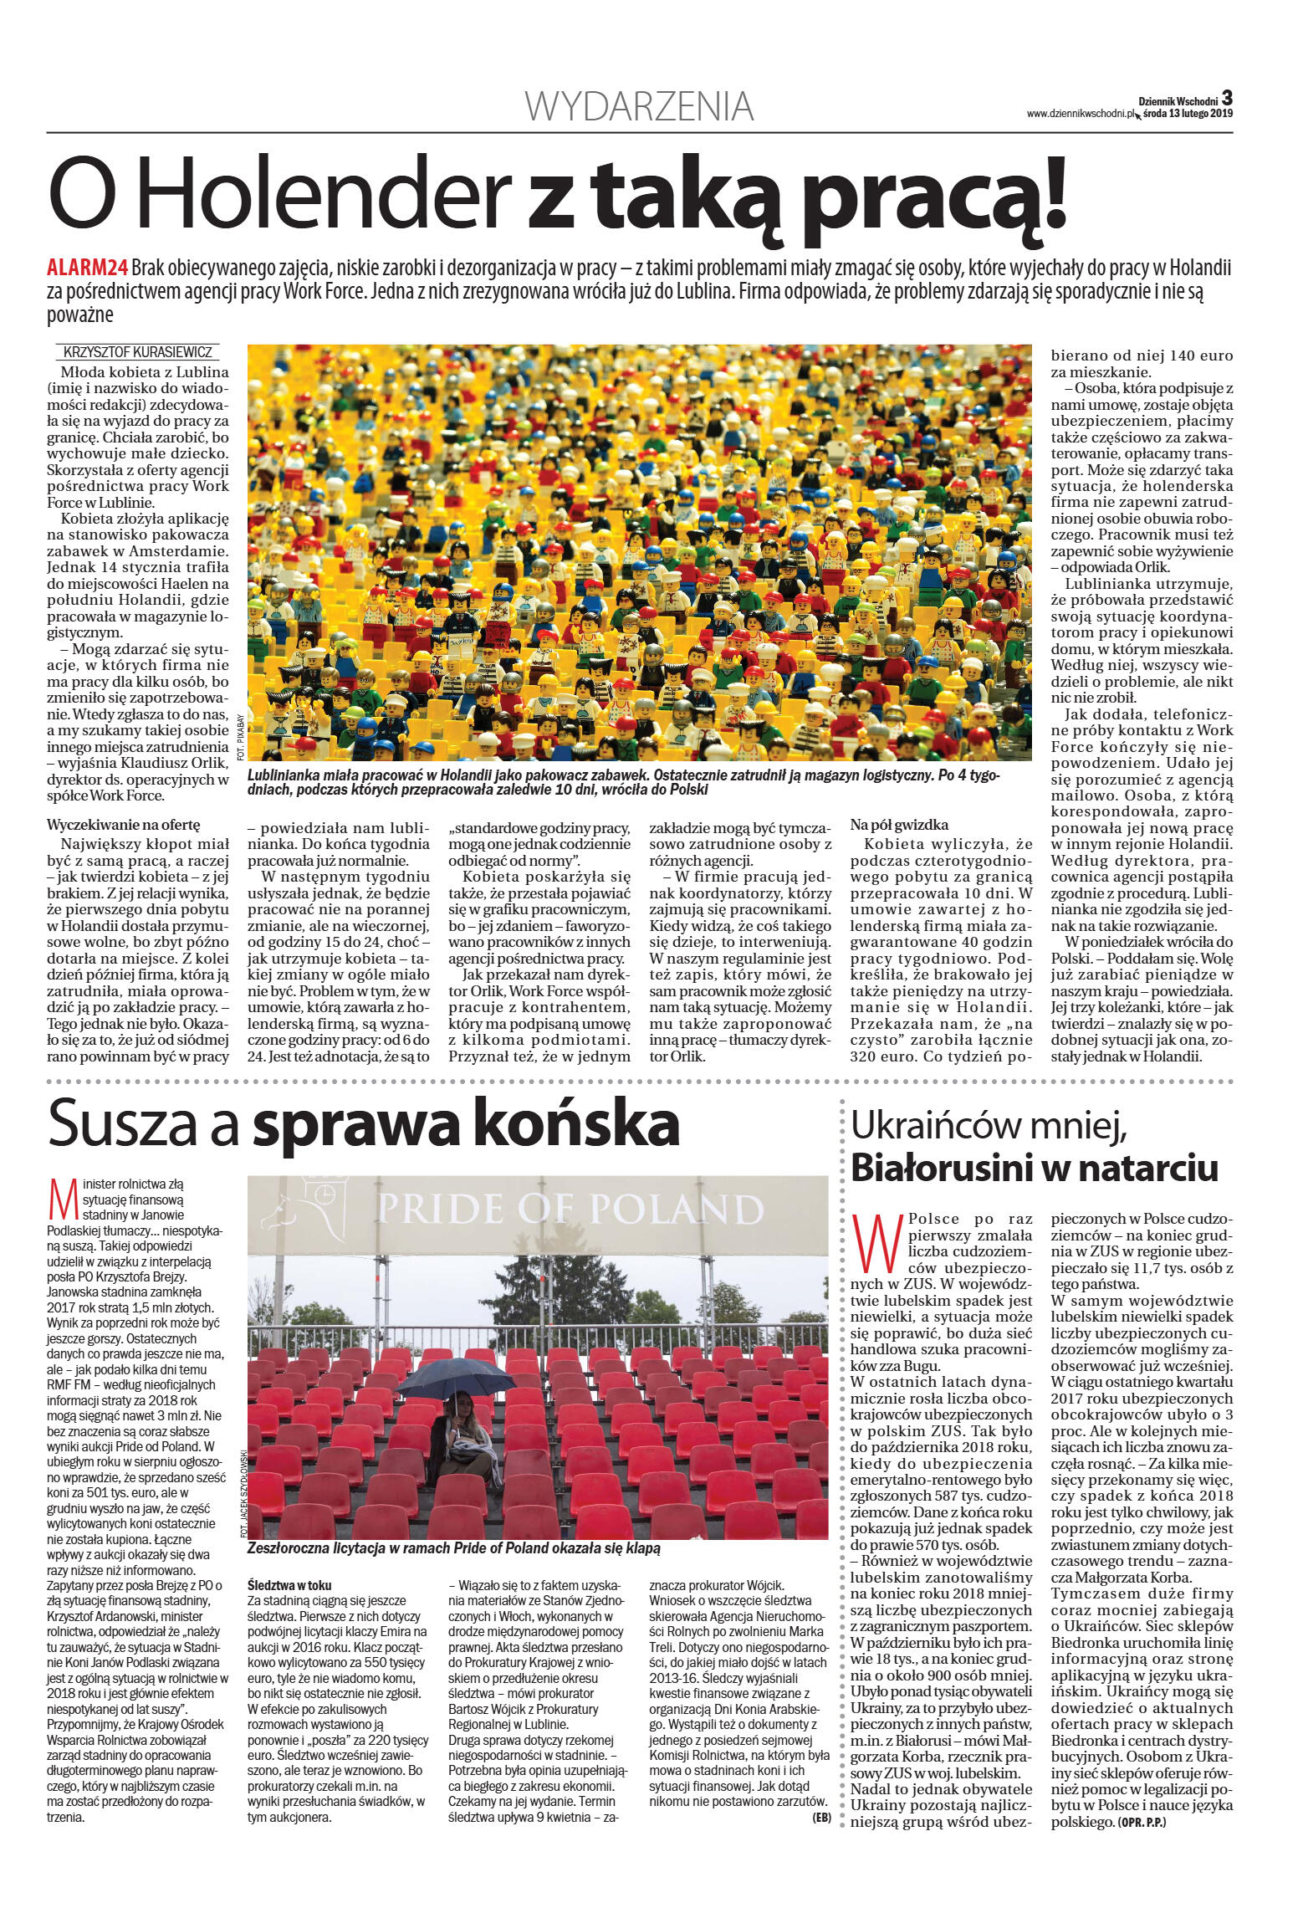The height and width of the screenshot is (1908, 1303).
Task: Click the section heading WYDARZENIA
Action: click(x=639, y=107)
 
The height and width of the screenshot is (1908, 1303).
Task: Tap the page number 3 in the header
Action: click(x=1227, y=98)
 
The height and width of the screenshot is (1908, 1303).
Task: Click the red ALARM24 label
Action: click(x=87, y=269)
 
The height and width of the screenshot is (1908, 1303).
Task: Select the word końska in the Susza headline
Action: click(x=583, y=1124)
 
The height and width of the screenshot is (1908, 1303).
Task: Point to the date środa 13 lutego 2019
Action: click(x=1187, y=114)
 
